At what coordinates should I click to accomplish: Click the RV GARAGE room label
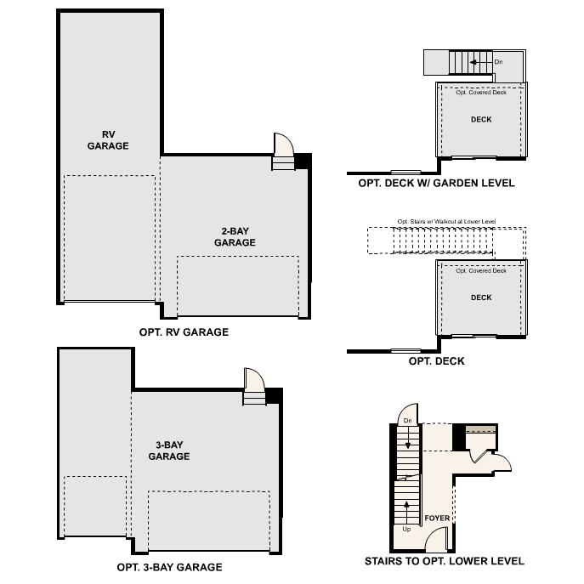(x=108, y=139)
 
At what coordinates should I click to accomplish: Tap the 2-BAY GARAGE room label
(x=235, y=236)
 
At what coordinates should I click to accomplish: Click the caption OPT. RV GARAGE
(x=183, y=332)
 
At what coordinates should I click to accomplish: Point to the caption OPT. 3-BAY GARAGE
(x=169, y=567)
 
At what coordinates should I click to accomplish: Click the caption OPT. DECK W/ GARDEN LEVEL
(x=436, y=183)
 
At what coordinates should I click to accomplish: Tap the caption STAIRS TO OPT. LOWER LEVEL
(x=444, y=561)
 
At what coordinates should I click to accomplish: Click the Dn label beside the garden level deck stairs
(x=498, y=61)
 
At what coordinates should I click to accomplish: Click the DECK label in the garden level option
(x=481, y=120)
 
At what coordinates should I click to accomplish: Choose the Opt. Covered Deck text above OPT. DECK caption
(x=481, y=270)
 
